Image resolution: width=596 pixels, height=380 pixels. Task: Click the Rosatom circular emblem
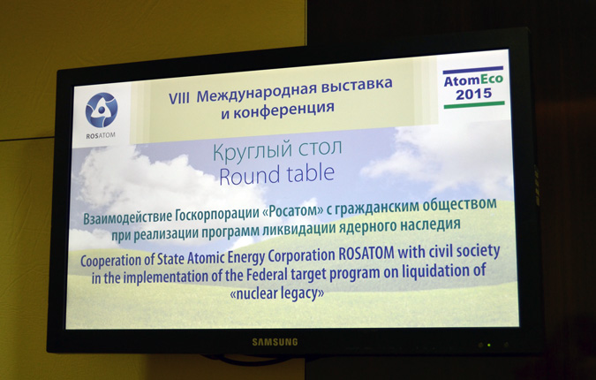[x=102, y=110]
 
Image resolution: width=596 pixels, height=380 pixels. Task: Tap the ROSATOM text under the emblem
[x=101, y=136]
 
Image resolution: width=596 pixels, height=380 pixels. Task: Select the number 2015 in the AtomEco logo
[x=473, y=94]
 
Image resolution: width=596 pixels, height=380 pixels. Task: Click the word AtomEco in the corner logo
[x=473, y=80]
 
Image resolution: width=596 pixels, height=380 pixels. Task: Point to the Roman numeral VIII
[x=179, y=98]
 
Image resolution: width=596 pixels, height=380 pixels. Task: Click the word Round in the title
[x=249, y=176]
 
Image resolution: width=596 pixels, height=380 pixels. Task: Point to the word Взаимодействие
[x=128, y=217]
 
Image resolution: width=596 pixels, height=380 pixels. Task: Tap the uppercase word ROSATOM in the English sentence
[x=366, y=254]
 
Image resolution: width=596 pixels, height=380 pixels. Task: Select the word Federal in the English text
[x=267, y=275]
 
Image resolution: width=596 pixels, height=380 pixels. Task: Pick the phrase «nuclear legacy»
[x=277, y=293]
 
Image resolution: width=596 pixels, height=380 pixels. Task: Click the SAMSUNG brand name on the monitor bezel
[x=275, y=342]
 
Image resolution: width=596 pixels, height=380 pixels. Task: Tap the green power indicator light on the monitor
[x=489, y=346]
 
